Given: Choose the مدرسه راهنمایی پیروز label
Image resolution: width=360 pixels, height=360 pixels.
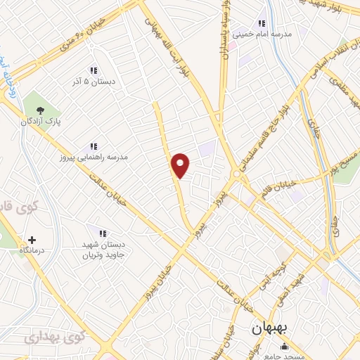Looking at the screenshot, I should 94,157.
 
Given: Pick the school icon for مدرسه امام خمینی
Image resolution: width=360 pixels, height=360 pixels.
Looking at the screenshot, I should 263,22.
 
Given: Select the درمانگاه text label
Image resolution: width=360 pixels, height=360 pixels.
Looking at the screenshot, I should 32,251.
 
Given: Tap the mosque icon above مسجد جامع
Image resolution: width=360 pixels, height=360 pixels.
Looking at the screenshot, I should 284,346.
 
